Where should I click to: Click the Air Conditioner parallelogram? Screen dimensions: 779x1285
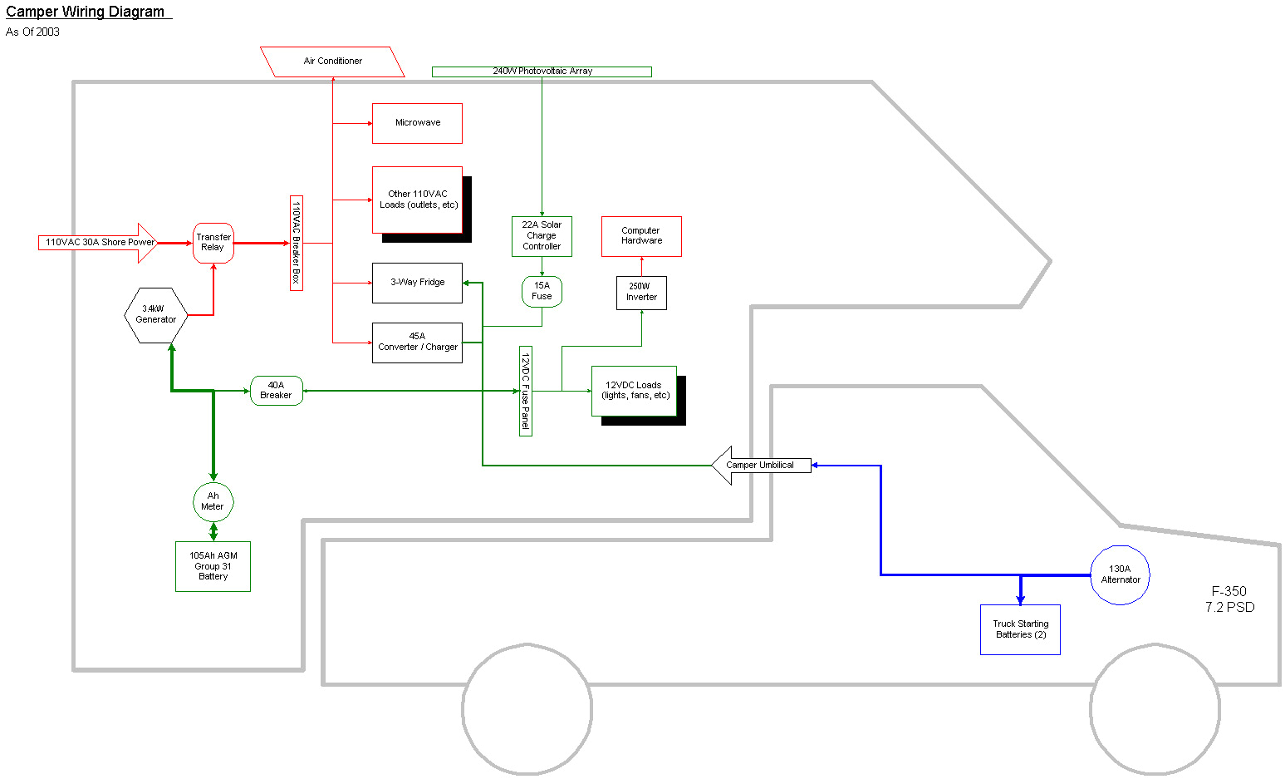[332, 62]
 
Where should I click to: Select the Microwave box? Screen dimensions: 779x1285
[417, 123]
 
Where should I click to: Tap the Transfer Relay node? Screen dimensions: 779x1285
[213, 243]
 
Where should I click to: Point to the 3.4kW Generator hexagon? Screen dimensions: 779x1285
[156, 315]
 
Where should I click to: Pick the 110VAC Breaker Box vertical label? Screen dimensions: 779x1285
[297, 243]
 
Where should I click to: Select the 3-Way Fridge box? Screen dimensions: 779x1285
[417, 283]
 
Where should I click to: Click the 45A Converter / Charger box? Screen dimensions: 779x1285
[417, 343]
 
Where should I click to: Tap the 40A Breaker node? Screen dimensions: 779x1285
[277, 391]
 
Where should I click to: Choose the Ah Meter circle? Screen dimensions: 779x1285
[213, 501]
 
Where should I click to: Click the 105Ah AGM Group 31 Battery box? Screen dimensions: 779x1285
[213, 566]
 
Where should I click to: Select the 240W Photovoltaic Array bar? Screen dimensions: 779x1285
[542, 71]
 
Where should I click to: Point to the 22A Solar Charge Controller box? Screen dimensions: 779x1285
[542, 236]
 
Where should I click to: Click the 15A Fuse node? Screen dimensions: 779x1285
[542, 291]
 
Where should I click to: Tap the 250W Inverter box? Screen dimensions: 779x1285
[641, 293]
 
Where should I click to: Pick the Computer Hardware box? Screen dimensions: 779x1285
[641, 236]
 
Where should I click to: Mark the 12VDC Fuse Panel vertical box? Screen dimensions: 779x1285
[525, 391]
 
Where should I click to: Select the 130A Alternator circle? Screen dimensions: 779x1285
[1120, 574]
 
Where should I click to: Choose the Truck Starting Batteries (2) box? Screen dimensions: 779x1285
[1020, 629]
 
